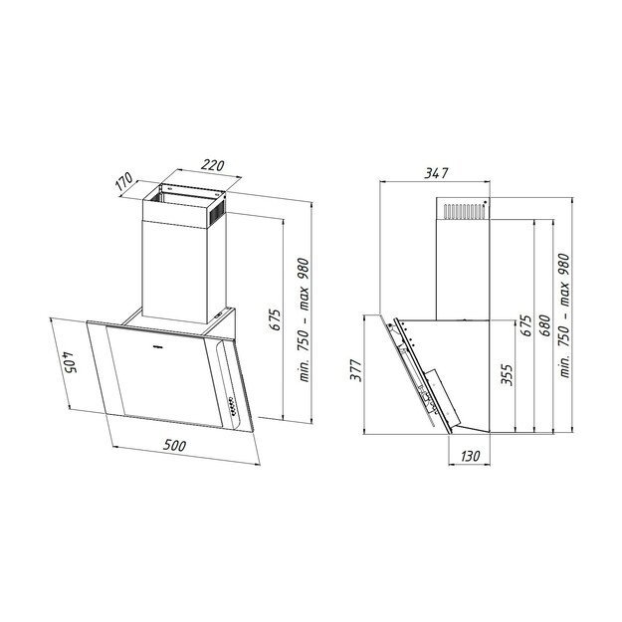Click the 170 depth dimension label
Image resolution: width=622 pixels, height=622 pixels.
[123, 184]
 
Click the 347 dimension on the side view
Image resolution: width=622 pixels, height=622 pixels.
[437, 173]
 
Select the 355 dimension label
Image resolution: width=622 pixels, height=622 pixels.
[507, 374]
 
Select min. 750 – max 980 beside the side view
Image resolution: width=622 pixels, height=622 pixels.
[564, 312]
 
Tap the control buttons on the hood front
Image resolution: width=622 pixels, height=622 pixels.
[232, 405]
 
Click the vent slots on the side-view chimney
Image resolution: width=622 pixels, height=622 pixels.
[463, 211]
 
